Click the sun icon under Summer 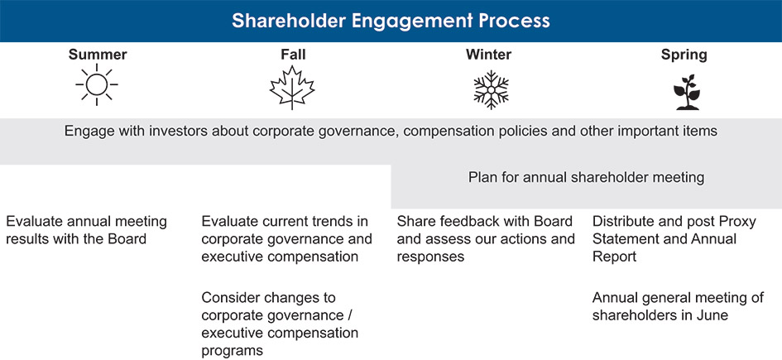(x=97, y=87)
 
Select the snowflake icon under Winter (x=489, y=88)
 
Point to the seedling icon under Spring (x=684, y=91)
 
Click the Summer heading (x=97, y=55)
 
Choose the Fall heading (x=293, y=55)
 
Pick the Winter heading (x=488, y=55)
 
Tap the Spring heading (x=684, y=55)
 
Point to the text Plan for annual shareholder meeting (x=586, y=176)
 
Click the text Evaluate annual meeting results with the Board (x=86, y=230)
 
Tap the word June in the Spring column (x=709, y=315)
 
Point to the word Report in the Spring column (x=615, y=257)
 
